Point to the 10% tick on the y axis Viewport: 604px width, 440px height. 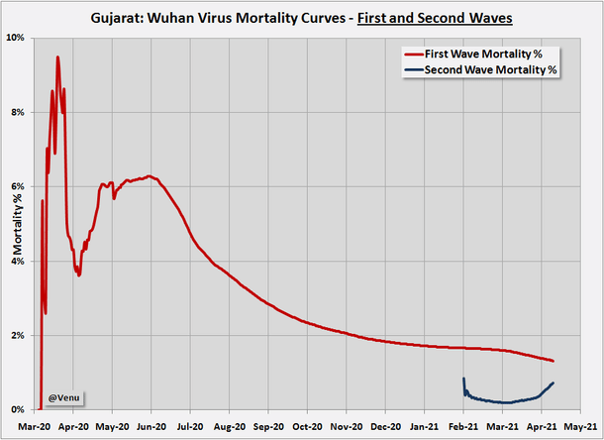[17, 38]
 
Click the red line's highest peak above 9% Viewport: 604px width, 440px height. [57, 57]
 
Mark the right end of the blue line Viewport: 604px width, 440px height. [553, 383]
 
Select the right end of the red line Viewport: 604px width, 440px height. [553, 361]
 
